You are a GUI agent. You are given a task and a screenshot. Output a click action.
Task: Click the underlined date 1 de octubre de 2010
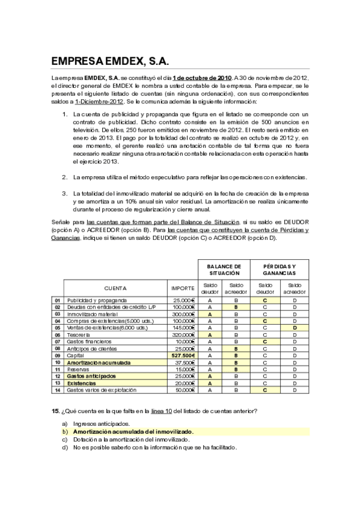pyautogui.click(x=201, y=78)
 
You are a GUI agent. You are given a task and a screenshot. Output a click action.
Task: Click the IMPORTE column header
pyautogui.click(x=183, y=287)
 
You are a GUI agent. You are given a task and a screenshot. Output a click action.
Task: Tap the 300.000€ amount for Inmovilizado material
pyautogui.click(x=183, y=314)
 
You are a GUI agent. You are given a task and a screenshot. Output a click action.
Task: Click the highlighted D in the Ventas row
pyautogui.click(x=294, y=328)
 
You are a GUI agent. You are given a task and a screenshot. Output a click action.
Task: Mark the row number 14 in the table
pyautogui.click(x=57, y=390)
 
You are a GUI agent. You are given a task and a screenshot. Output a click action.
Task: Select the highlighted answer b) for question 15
pyautogui.click(x=133, y=431)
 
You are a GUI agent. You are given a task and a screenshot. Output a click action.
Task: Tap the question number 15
pyautogui.click(x=55, y=411)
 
